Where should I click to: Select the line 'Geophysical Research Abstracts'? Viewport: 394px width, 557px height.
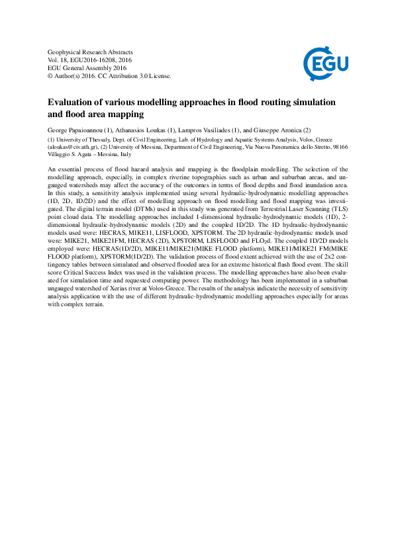coord(91,52)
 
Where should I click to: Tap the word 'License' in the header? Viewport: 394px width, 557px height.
coord(160,75)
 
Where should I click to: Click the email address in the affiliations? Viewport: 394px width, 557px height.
coord(72,147)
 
